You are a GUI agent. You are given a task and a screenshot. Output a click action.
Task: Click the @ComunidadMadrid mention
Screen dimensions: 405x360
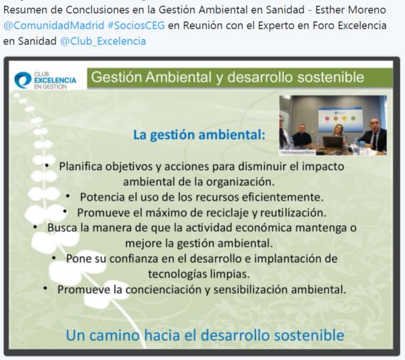(53, 26)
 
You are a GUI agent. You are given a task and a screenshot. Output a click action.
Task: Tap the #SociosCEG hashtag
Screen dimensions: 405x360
(136, 26)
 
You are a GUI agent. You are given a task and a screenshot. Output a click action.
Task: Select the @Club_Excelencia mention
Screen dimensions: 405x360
(103, 41)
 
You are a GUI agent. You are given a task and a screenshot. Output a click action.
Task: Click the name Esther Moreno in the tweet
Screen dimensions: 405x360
(350, 10)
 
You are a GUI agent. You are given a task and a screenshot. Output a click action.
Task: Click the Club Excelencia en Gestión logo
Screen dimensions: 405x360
(46, 80)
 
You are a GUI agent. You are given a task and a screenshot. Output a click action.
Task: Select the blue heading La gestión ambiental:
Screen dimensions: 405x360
(199, 134)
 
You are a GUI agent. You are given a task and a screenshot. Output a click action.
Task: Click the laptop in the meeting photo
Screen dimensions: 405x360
(333, 142)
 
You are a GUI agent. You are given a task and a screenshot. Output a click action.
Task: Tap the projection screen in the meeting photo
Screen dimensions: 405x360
(340, 120)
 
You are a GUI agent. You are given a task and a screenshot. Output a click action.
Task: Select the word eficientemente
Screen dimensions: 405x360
(283, 197)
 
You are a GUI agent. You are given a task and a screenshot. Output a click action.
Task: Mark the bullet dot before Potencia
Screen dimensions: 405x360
(68, 196)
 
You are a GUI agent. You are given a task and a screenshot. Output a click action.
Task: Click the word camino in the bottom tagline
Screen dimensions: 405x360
(115, 335)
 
